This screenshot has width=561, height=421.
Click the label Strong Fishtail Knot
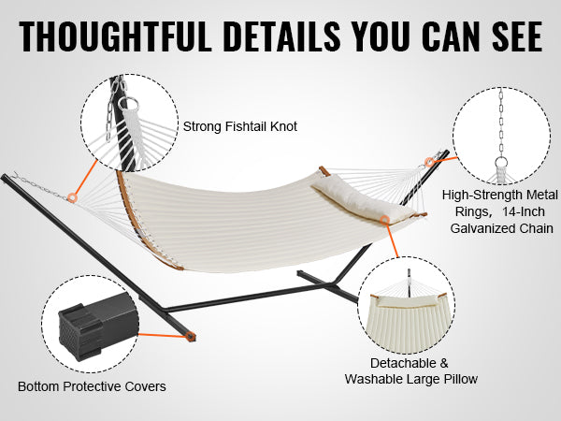(239, 126)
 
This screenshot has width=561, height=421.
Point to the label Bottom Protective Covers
(92, 386)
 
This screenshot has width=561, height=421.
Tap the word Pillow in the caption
(461, 379)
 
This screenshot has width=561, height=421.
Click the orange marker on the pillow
(384, 220)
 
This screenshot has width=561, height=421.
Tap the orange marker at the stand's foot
(191, 337)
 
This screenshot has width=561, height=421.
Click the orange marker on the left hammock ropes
(73, 197)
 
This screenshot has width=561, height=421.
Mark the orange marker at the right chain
(429, 162)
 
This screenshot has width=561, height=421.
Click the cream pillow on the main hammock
(361, 199)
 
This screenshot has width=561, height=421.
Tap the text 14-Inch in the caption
(524, 211)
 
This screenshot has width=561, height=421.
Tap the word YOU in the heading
(381, 37)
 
